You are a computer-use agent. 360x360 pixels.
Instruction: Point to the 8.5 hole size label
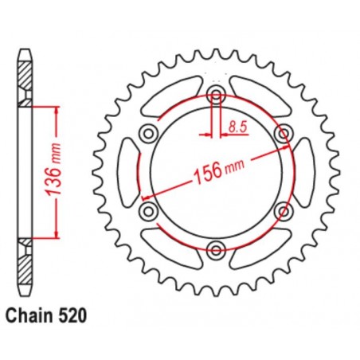[x=236, y=125]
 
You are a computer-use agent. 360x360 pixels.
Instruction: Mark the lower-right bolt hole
[x=282, y=211]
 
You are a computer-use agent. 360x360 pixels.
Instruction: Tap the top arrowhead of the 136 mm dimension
[x=56, y=110]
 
